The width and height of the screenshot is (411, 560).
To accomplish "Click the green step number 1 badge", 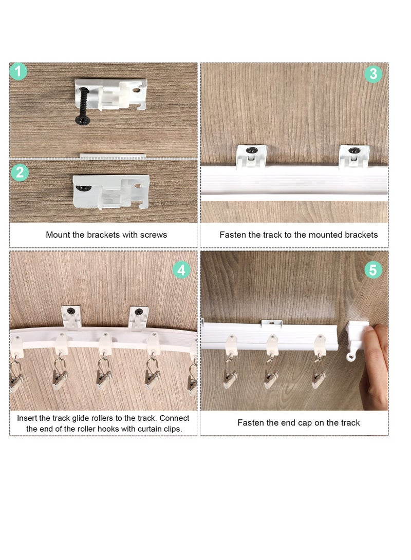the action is click(18, 71).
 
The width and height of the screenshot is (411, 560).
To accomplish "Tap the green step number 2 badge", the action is click(20, 172).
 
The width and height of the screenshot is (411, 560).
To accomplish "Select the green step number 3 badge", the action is click(373, 74).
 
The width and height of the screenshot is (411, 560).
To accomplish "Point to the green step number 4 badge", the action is click(181, 270).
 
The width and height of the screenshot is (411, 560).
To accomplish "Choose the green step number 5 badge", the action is click(373, 270).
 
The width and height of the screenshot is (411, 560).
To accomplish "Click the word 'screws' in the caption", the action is click(154, 235).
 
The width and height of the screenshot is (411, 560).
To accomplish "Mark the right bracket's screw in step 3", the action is click(354, 150).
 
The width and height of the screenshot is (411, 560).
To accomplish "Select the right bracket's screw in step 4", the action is click(138, 312).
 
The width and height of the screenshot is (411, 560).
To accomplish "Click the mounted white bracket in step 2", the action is click(111, 191).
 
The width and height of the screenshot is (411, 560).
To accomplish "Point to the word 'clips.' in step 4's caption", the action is click(173, 429).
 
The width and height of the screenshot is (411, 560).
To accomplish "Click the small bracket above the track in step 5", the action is click(272, 323).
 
